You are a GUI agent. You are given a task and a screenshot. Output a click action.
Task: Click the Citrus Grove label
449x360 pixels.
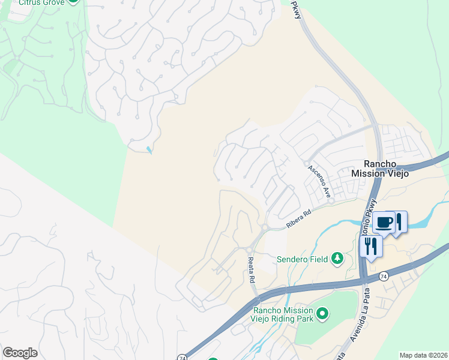click(x=40, y=2)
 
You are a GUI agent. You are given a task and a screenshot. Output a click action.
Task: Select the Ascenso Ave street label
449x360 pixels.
click(x=320, y=181)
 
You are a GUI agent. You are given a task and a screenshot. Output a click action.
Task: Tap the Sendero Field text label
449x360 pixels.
click(x=302, y=259)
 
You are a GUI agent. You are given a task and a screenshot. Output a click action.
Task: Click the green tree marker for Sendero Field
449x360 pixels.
click(x=337, y=259)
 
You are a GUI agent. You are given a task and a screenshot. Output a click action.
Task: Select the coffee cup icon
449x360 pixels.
click(x=384, y=222)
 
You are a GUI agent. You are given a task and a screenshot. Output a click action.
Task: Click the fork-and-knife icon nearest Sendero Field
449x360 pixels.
click(x=370, y=246)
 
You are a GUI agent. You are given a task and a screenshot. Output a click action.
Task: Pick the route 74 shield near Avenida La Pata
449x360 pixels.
click(x=384, y=276)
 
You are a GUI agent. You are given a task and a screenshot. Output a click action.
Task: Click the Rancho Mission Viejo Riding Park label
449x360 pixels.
click(x=283, y=314)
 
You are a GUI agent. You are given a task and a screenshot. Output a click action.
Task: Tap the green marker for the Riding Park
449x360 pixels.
click(x=322, y=313)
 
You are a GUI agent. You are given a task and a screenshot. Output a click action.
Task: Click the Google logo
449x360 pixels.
click(x=20, y=353)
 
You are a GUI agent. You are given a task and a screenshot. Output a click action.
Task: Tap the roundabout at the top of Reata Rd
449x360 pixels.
click(x=249, y=250)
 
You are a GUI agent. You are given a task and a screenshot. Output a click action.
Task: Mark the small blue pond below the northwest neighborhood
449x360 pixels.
click(x=148, y=150)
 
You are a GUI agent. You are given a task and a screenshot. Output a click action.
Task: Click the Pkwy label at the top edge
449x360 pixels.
click(x=297, y=8)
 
